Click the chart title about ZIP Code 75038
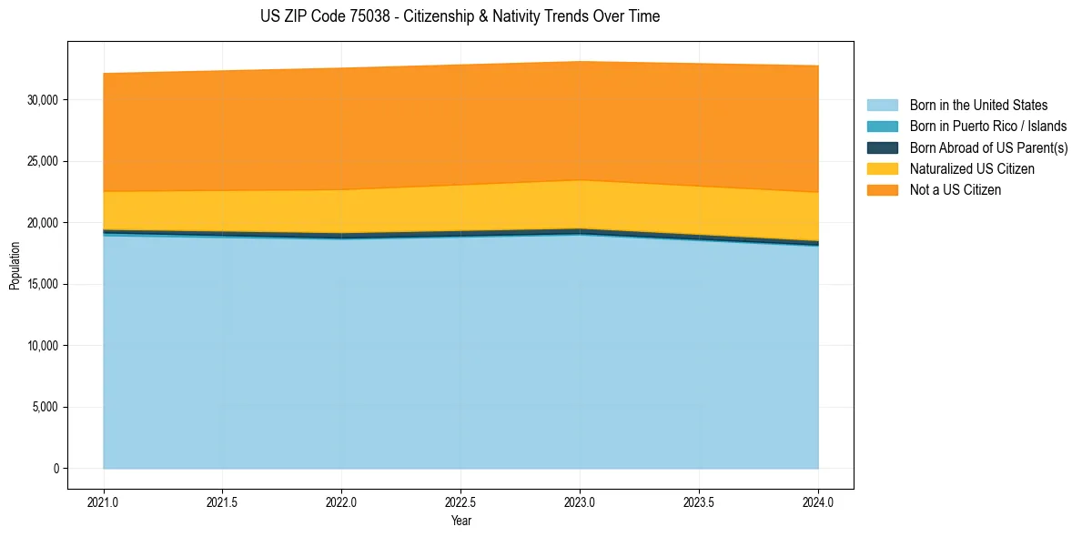460,16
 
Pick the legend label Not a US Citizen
955,190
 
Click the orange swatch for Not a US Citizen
882,190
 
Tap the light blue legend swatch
882,106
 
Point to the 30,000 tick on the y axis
42,99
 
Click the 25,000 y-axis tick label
42,161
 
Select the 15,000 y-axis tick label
42,284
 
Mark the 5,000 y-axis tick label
45,407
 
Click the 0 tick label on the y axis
55,469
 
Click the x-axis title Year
460,521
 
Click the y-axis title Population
15,266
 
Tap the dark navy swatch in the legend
882,147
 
